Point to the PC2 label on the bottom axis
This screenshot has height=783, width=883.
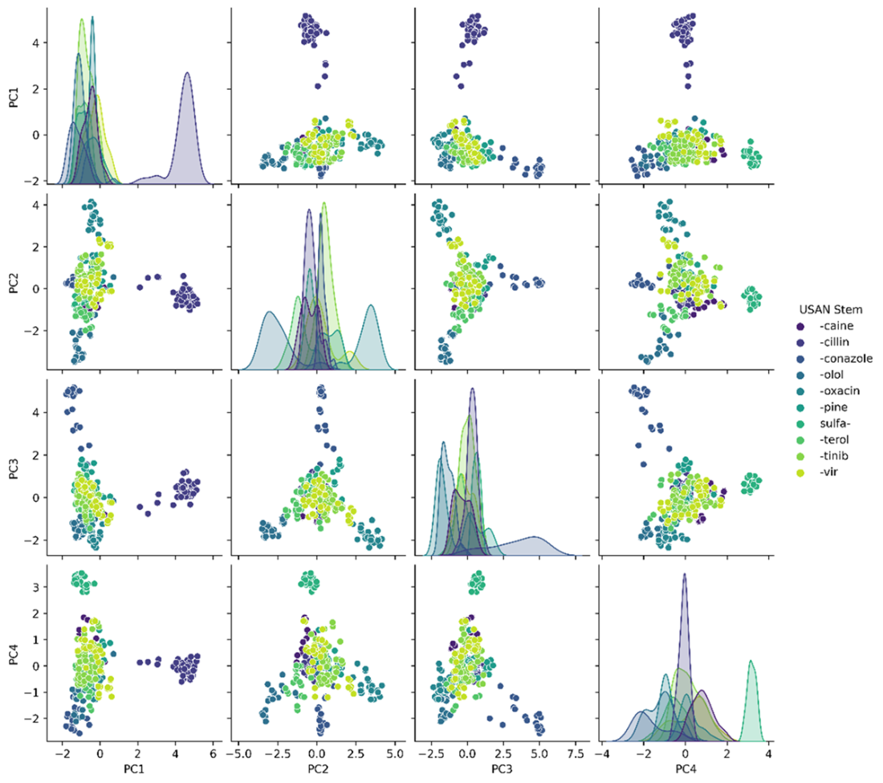pos(316,775)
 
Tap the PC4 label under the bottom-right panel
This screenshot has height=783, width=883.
pos(684,775)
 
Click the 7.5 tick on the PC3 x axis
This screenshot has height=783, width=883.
pos(576,759)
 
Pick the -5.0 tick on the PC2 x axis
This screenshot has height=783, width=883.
pos(239,759)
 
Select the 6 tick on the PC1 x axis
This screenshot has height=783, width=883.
pos(213,759)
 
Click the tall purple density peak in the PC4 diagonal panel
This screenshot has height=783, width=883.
pos(685,575)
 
